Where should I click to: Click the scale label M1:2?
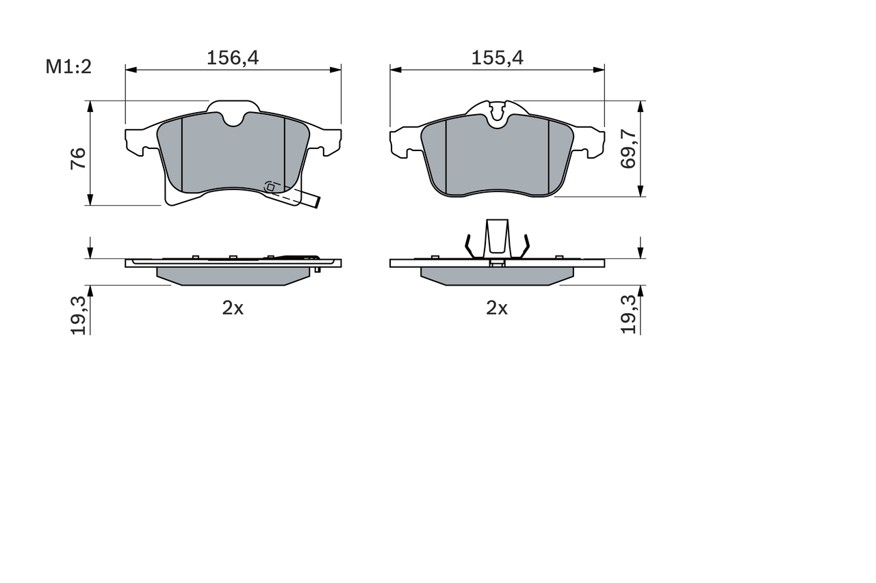[x=68, y=66]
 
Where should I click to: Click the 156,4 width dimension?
[x=233, y=58]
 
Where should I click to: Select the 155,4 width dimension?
[x=497, y=58]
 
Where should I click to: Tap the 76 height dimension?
[x=78, y=158]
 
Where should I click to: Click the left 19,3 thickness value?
[x=79, y=315]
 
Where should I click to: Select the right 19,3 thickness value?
[x=629, y=315]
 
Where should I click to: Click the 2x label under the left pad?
[x=233, y=308]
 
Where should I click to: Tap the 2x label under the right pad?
[x=497, y=308]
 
